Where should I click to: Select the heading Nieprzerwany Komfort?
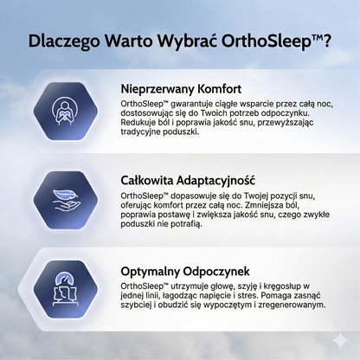[180, 89]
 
